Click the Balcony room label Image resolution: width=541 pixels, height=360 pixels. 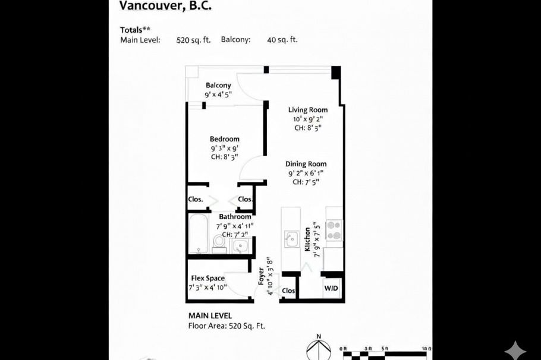point(218,86)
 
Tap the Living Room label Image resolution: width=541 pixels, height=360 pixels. point(307,110)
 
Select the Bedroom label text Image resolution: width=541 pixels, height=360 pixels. point(224,139)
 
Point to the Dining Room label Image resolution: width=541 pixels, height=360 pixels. point(306,164)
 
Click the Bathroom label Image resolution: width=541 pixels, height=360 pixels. point(235,217)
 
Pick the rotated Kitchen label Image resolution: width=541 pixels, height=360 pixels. point(307,239)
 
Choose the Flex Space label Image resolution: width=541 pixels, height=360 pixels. point(207,278)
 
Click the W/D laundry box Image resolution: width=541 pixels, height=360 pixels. point(331,289)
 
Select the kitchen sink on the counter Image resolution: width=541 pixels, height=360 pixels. point(291,239)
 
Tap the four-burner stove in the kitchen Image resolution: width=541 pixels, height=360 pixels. point(334,230)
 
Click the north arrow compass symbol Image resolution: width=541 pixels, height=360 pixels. point(318,349)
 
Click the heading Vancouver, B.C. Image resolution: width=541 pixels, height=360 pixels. point(157,6)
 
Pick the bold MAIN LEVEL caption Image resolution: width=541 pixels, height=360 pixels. point(210,316)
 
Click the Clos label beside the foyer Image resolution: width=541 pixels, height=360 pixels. point(288,291)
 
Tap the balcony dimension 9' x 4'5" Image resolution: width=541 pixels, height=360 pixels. point(218,94)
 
